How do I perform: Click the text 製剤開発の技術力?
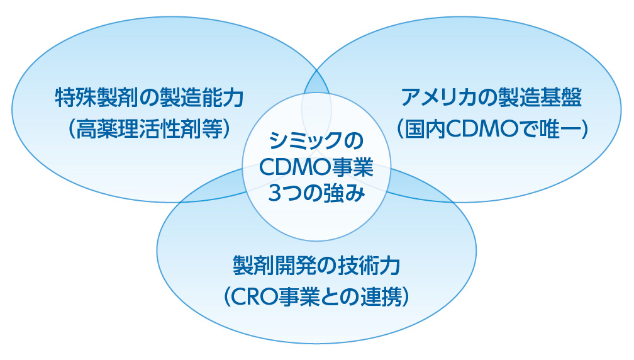[316, 266]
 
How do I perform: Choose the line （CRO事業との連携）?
[316, 297]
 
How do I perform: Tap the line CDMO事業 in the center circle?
[316, 167]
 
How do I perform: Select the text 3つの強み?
[316, 193]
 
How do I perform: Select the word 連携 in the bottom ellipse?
[381, 297]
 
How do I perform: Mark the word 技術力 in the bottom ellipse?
[369, 266]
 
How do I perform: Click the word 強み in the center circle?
[345, 193]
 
